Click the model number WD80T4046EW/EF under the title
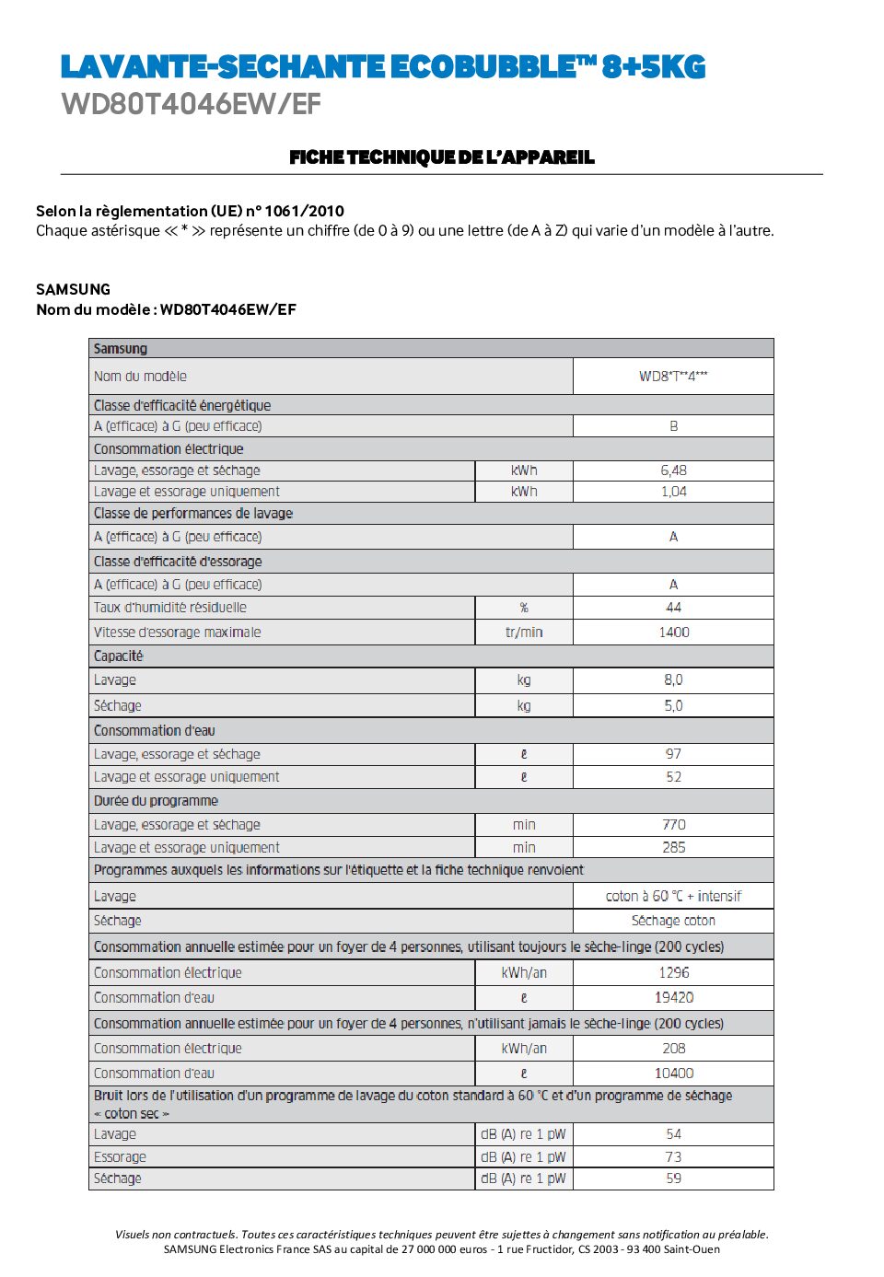tap(192, 104)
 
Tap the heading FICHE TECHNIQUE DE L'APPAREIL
tap(442, 157)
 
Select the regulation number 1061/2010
tap(304, 211)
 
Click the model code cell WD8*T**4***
tap(673, 376)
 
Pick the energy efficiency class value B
tap(673, 426)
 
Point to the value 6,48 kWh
tap(673, 470)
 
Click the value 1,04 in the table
tap(673, 492)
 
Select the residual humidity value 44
tap(673, 608)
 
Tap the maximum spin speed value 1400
tap(673, 633)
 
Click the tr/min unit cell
tap(524, 633)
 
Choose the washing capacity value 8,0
tap(673, 680)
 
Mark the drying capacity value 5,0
tap(673, 706)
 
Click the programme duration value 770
tap(673, 825)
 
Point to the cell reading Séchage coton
tap(673, 921)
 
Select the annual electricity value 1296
tap(673, 973)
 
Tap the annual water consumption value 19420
tap(673, 998)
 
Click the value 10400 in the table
tap(673, 1074)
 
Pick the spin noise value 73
tap(673, 1157)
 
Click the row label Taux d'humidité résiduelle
tap(170, 608)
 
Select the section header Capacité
tap(119, 656)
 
